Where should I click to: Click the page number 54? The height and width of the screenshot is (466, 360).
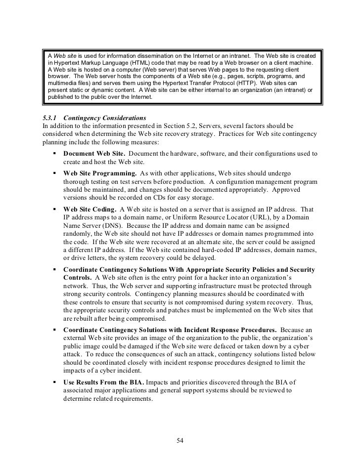180,441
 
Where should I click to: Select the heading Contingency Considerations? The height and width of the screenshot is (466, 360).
105,119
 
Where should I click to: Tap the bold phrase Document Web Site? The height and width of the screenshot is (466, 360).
94,154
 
